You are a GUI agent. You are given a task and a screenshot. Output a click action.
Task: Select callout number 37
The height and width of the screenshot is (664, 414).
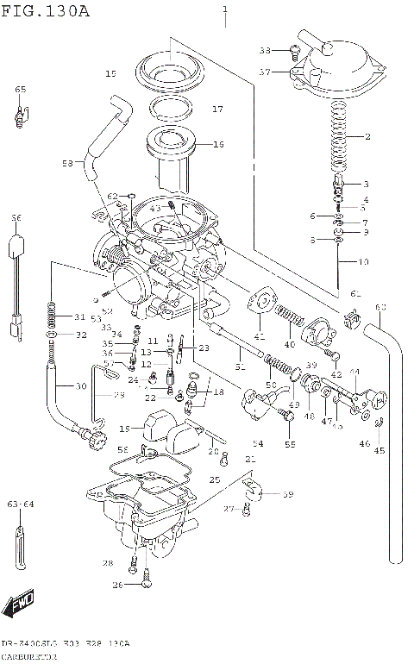[x=266, y=72]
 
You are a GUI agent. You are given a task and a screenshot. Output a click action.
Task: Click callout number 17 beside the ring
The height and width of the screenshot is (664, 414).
[x=218, y=110]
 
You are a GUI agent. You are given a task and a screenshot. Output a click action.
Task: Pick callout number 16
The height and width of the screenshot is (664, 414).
[x=218, y=144]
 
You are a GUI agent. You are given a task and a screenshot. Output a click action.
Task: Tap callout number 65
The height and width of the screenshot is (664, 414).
[x=20, y=90]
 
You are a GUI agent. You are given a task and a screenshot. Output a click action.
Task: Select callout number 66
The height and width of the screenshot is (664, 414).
[x=15, y=219]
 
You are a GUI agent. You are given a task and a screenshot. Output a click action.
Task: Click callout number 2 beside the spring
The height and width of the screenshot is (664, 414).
[x=367, y=137]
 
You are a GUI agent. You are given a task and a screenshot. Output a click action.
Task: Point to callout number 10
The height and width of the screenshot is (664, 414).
[x=363, y=260]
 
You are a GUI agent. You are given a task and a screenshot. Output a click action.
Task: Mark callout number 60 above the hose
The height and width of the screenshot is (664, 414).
[x=380, y=307]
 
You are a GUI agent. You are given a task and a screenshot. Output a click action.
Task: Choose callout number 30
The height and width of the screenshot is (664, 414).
[x=81, y=385]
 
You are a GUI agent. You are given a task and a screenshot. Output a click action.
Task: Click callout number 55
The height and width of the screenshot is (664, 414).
[x=290, y=444]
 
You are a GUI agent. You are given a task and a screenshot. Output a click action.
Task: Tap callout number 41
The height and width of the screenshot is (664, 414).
[x=259, y=336]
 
